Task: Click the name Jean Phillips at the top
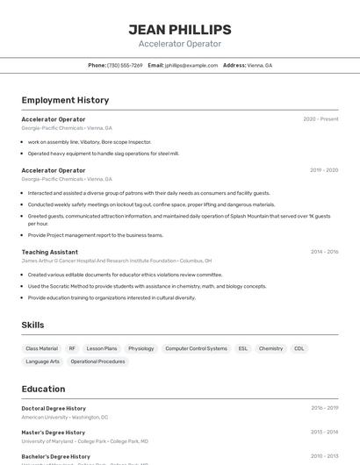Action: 180,29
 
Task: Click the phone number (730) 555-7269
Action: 125,65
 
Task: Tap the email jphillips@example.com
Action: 191,65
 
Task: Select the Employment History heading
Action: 65,100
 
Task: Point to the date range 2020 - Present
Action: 320,118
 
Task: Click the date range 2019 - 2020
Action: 324,170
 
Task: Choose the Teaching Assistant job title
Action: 49,252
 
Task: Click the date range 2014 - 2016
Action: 324,252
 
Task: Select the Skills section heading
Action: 32,325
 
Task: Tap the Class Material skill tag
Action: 41,348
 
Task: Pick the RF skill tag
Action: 72,348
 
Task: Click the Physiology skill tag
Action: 140,348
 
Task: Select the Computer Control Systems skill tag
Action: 196,348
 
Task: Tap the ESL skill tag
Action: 242,348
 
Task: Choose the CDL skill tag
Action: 299,348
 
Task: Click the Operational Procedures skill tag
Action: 97,361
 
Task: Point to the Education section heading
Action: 43,389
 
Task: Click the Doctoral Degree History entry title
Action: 54,408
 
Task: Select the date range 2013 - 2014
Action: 324,433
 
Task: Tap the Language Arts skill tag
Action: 42,361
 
